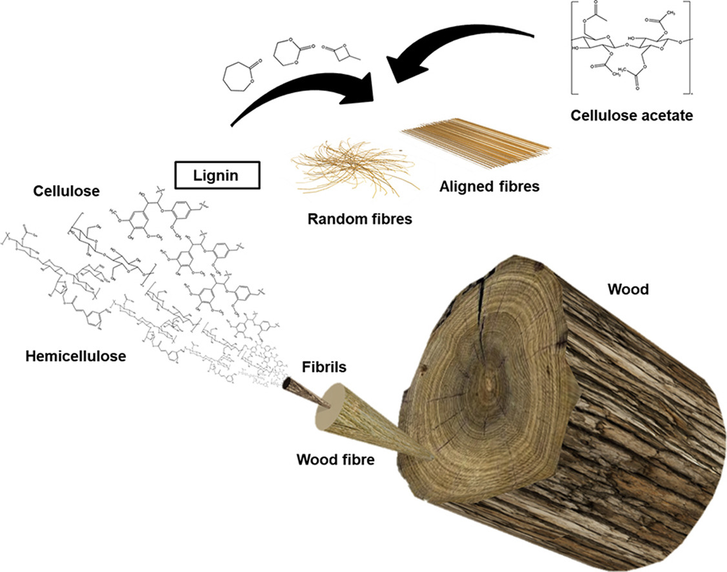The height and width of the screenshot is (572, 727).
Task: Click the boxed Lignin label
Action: click(217, 174)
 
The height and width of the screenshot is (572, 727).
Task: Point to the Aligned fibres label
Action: click(489, 187)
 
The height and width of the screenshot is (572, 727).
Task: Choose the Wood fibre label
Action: click(335, 460)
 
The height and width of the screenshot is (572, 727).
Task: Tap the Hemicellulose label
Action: click(76, 356)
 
